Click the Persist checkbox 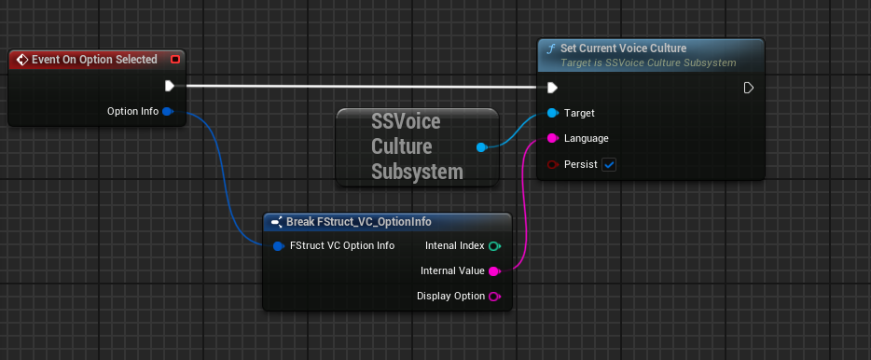coord(609,164)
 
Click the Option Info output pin coord(168,112)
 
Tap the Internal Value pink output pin coord(494,271)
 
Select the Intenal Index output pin coord(494,246)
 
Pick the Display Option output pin coord(494,297)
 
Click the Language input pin coord(552,138)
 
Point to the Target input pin coord(552,113)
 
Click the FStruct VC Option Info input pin coord(278,246)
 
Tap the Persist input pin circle coord(552,164)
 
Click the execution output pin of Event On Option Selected coord(169,86)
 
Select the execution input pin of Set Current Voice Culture coord(552,88)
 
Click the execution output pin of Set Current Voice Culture coord(748,88)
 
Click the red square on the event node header coord(175,60)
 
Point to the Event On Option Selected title coord(94,60)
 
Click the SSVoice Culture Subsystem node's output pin coord(481,147)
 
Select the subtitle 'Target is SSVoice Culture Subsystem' coord(648,62)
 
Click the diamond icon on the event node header coord(21,60)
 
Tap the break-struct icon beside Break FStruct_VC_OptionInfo coord(277,222)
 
